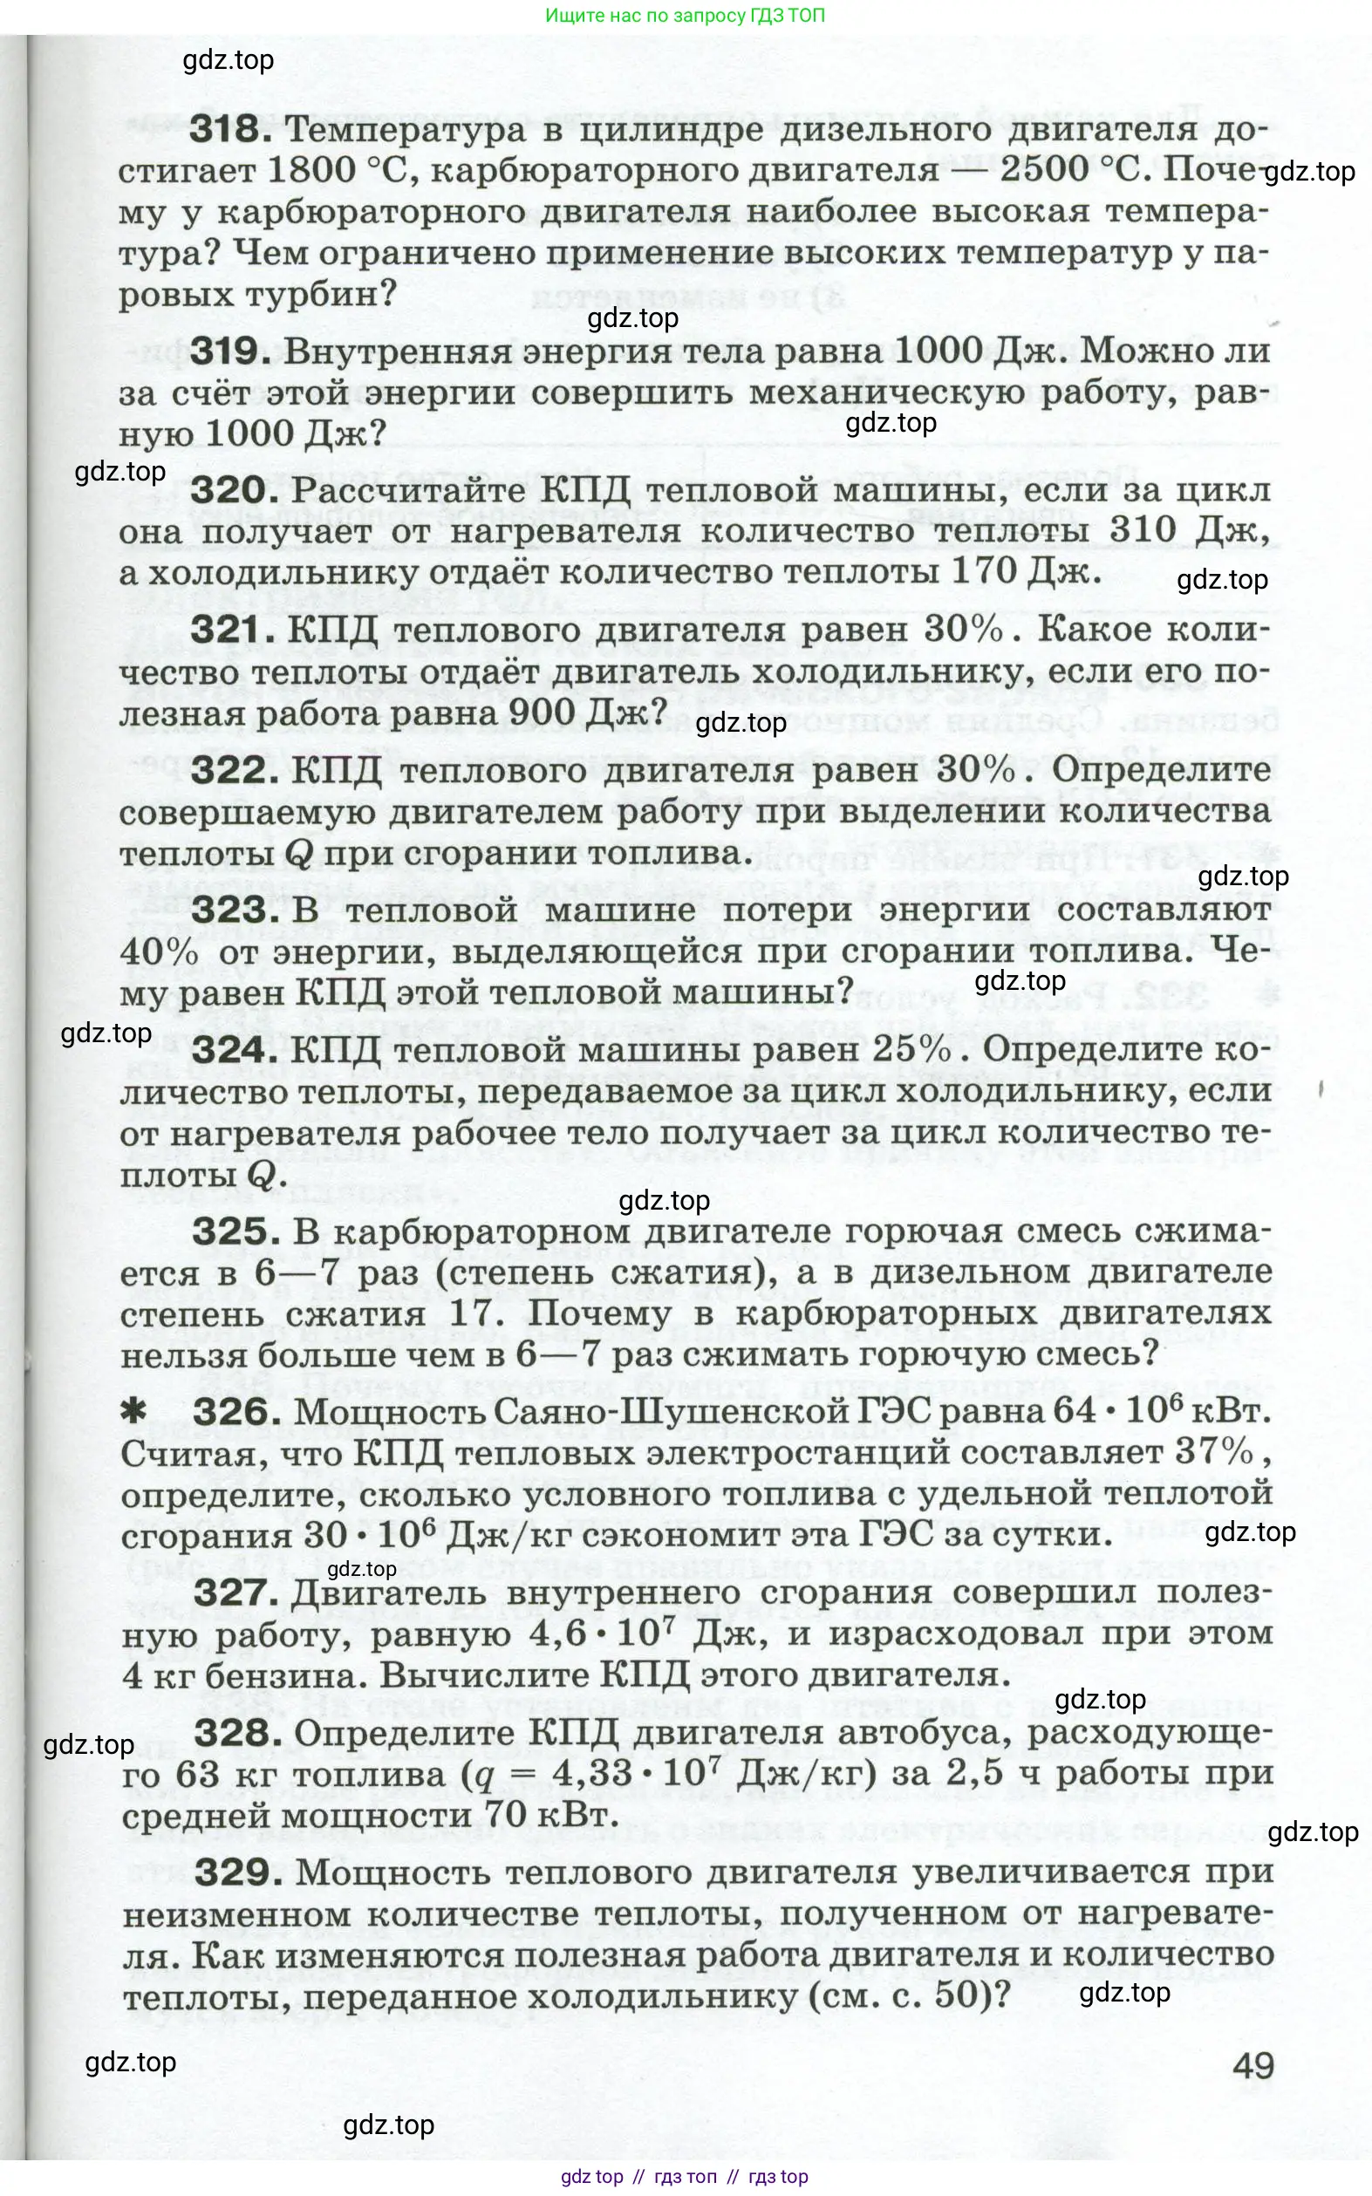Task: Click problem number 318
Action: (230, 129)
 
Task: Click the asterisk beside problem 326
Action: (133, 1411)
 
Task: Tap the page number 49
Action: (1253, 2066)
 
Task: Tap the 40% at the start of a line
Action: (160, 951)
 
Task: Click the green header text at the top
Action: (685, 16)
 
